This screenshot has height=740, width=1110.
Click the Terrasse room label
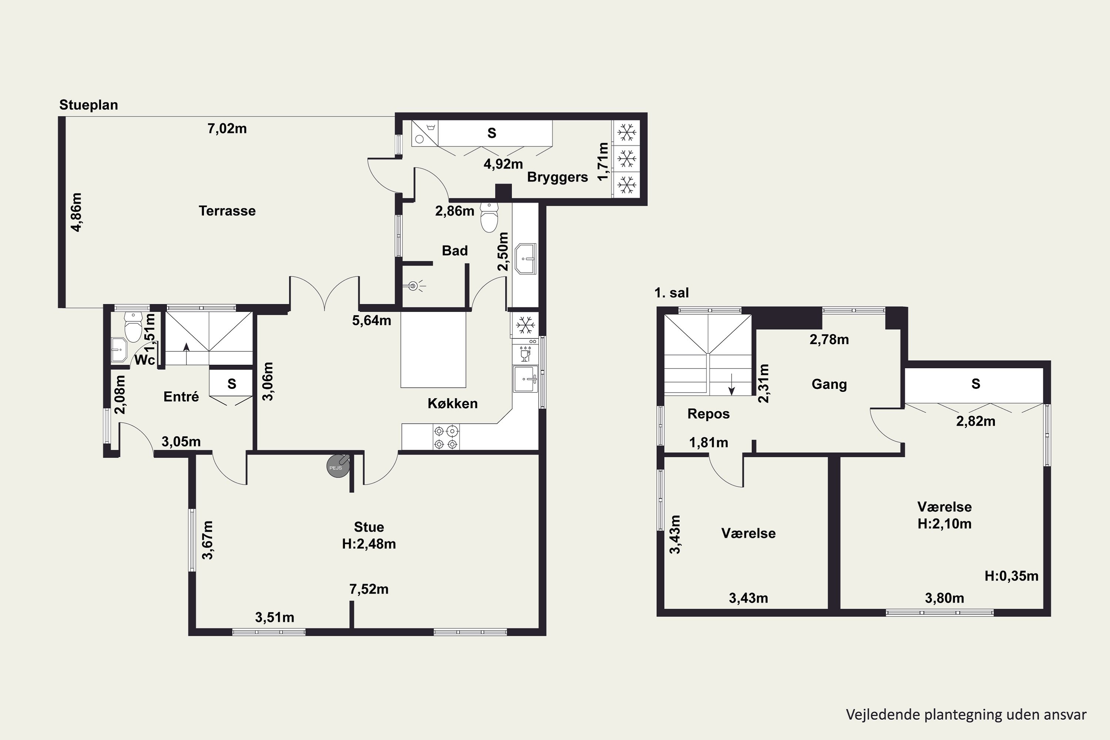227,211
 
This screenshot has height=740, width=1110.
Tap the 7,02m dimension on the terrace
227,128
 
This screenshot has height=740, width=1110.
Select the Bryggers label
557,178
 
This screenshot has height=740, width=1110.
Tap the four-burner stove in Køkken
446,437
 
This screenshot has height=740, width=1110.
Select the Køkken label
453,404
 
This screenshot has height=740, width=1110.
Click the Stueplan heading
88,105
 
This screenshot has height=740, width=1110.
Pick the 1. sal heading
672,293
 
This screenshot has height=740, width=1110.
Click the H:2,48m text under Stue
369,544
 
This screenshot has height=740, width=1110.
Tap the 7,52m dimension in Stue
369,589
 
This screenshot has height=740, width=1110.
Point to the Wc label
144,360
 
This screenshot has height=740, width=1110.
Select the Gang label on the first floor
829,384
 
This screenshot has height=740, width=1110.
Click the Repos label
709,414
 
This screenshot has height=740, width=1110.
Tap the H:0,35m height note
1011,576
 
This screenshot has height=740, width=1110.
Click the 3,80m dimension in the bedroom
944,598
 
